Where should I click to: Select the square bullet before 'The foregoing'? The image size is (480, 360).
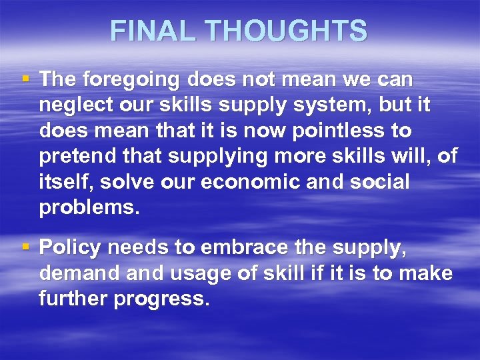[25, 79]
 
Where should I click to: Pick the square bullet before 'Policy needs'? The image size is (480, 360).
[25, 247]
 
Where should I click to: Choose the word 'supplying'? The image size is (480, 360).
[204, 157]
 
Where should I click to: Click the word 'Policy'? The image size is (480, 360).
[70, 248]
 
